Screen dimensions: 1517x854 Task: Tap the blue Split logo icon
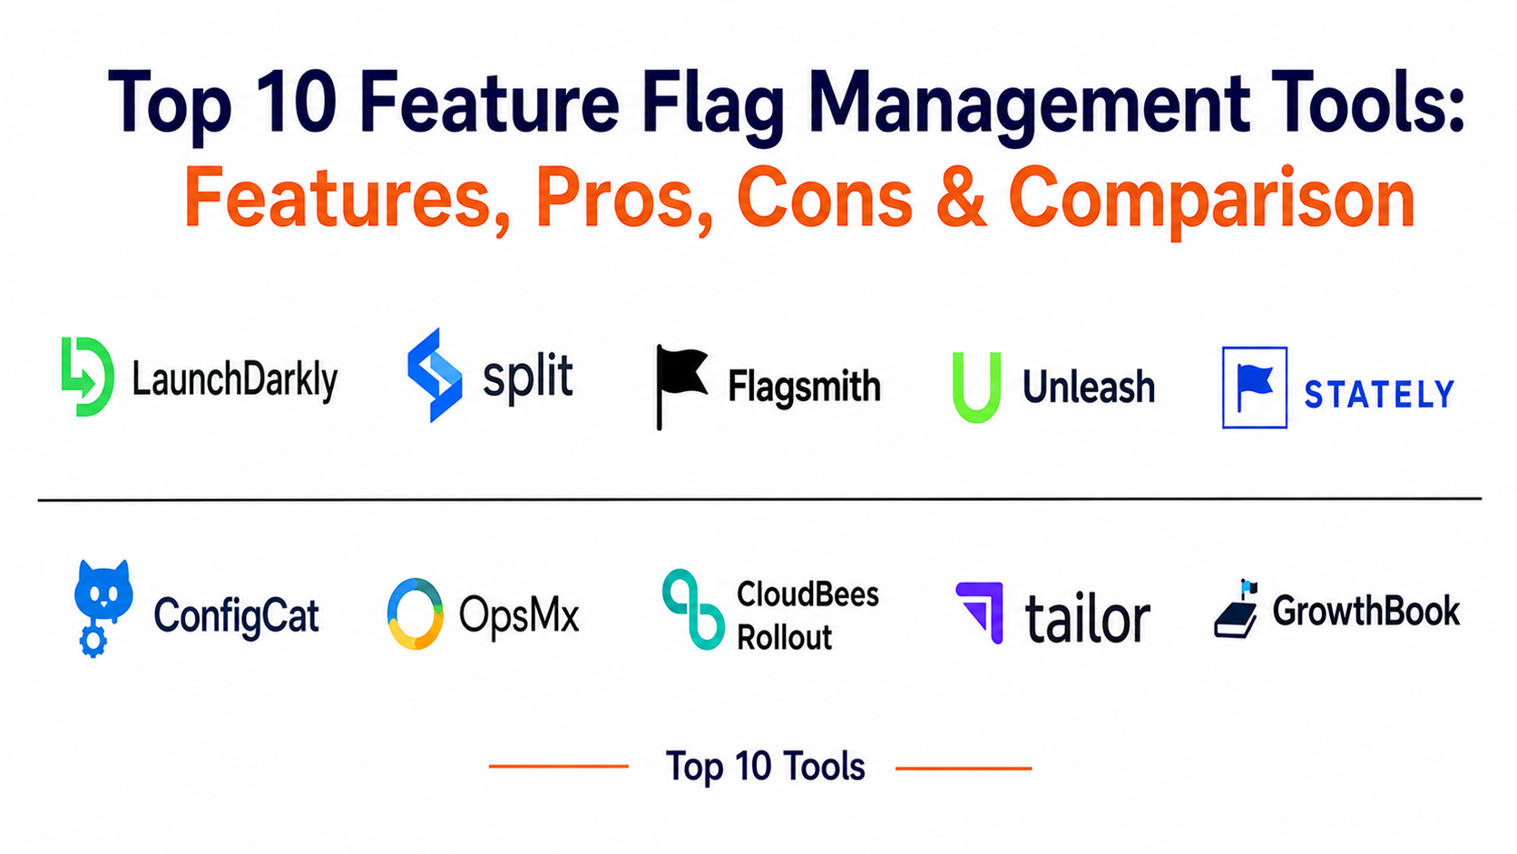(435, 375)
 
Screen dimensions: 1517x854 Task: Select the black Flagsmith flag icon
(681, 387)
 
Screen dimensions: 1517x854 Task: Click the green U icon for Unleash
(976, 388)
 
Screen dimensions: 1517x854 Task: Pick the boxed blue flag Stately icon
(1255, 388)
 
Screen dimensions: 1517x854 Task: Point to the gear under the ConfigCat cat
(93, 641)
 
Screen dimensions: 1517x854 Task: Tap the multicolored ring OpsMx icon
(416, 614)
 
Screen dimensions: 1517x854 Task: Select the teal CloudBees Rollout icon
(693, 609)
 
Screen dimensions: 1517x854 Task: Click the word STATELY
(1379, 394)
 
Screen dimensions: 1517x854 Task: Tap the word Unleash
(1089, 387)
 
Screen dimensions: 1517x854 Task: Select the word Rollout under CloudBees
(784, 637)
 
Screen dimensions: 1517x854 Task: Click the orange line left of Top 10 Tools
(559, 767)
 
